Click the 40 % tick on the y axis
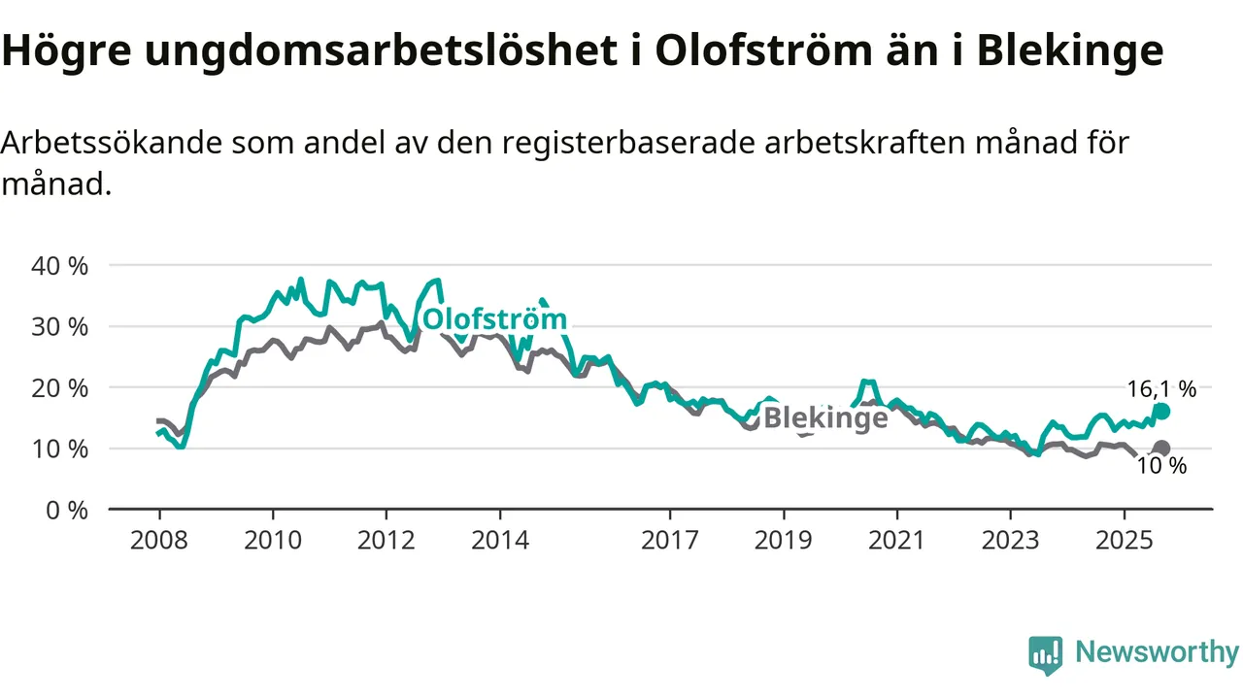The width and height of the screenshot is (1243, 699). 60,265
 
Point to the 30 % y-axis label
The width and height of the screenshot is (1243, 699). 60,326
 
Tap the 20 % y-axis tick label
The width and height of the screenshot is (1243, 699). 60,387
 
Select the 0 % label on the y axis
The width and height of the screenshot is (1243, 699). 67,510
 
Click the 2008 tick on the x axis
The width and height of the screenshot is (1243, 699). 158,539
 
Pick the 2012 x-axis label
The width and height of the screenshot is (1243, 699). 386,539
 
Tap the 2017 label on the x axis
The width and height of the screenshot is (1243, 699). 669,539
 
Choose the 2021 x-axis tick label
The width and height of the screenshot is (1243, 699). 896,539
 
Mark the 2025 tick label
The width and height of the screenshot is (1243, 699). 1124,539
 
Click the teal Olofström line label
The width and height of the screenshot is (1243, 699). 494,319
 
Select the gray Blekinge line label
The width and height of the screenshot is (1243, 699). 825,418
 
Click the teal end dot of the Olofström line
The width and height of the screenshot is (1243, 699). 1161,412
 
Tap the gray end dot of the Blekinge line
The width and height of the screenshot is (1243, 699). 1161,449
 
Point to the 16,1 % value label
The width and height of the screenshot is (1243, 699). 1161,389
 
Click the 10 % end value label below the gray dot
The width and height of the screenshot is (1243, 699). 1161,466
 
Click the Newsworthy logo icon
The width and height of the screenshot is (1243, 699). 1045,655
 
